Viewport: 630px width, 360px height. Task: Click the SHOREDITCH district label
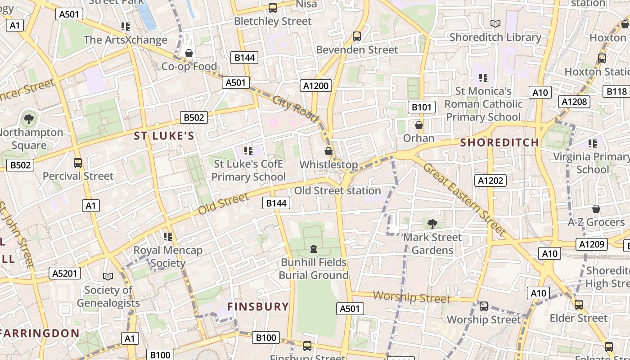point(499,143)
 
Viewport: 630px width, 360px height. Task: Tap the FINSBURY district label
point(258,307)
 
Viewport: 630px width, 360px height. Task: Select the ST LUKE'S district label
point(164,136)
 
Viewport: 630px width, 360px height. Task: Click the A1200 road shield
point(316,85)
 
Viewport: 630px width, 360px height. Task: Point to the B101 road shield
point(422,107)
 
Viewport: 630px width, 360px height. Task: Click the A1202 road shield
point(490,180)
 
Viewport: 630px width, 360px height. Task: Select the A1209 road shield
point(592,244)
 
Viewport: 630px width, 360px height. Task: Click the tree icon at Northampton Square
point(29,119)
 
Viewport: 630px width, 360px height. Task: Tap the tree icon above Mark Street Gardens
point(432,224)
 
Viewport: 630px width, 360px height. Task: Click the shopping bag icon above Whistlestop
point(328,151)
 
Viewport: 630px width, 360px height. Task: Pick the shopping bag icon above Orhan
point(419,125)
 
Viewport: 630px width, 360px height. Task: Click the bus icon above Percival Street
point(78,162)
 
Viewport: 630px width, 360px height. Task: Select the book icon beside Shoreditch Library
point(495,23)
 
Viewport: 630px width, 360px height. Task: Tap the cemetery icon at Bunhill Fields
point(314,248)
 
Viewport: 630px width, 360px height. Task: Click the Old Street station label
point(337,191)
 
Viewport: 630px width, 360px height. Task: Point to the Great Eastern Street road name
point(463,198)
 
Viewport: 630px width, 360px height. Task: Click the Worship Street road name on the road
point(412,297)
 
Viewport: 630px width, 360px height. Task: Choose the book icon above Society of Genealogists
point(108,276)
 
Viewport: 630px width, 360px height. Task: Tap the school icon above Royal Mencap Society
point(168,236)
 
